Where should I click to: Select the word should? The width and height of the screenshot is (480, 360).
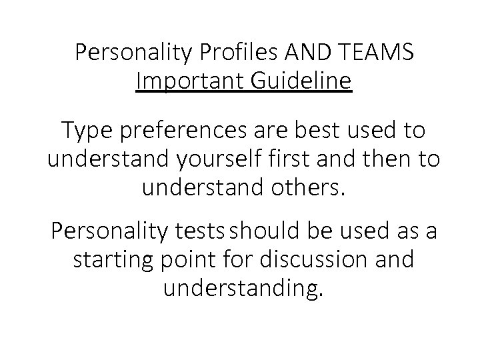coord(264,231)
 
